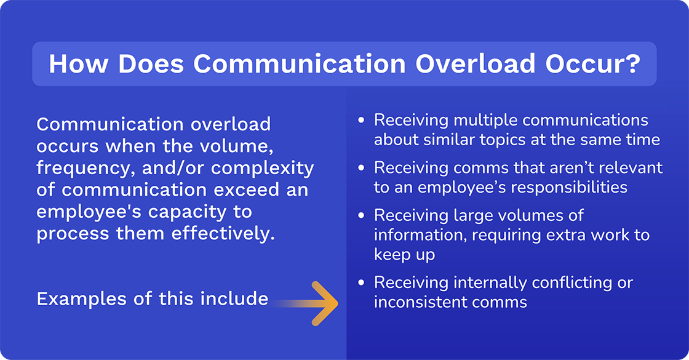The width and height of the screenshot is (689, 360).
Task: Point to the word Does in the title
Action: click(x=144, y=64)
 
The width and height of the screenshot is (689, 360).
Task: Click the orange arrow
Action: click(x=323, y=303)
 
